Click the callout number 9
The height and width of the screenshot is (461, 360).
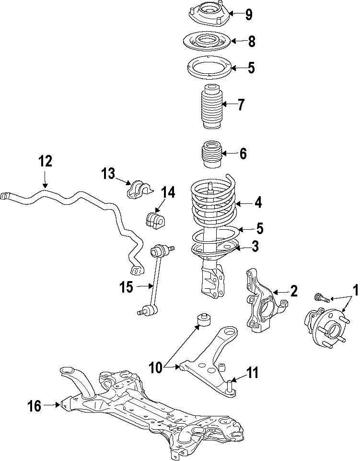point(249,15)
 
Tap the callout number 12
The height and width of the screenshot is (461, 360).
point(45,161)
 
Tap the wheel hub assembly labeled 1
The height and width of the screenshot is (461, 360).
point(326,331)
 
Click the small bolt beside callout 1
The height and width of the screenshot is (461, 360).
point(321,298)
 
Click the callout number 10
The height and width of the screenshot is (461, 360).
point(156,368)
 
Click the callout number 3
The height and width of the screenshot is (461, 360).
point(255,247)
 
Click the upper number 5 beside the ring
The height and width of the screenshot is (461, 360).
point(251,68)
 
